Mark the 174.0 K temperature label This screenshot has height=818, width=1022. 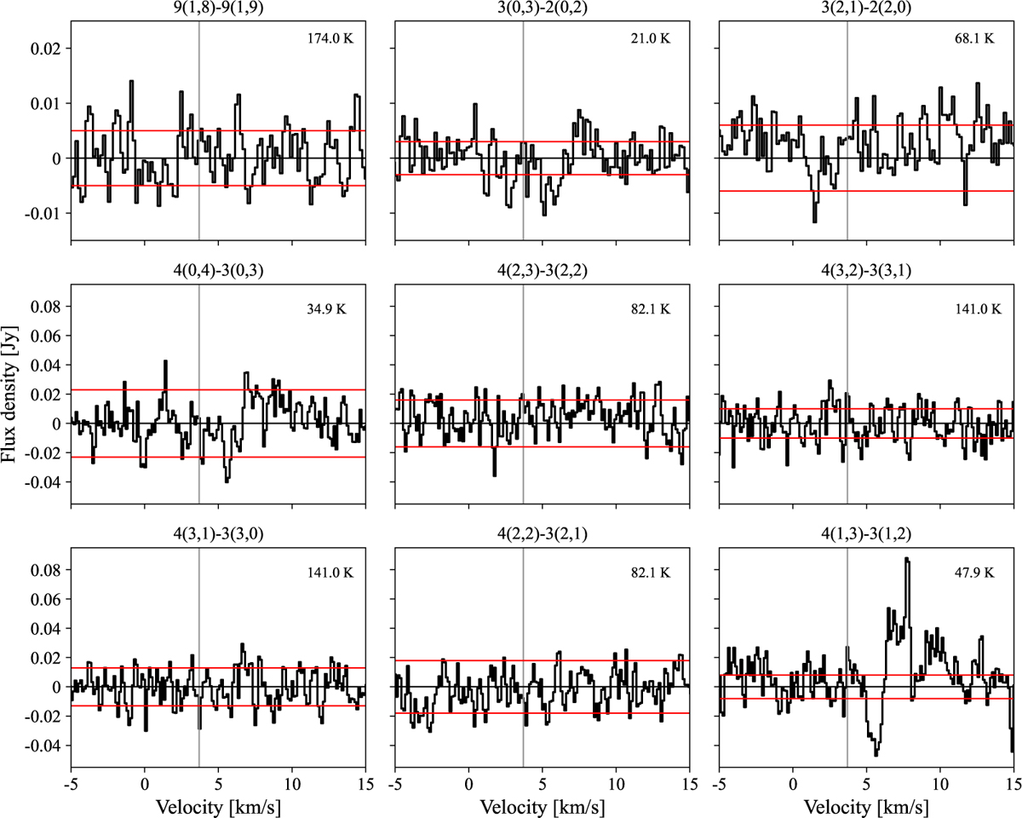click(328, 39)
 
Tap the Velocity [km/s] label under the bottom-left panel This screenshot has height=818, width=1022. click(218, 805)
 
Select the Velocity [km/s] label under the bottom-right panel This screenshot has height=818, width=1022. click(866, 805)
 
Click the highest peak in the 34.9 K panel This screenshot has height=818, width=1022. click(165, 362)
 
